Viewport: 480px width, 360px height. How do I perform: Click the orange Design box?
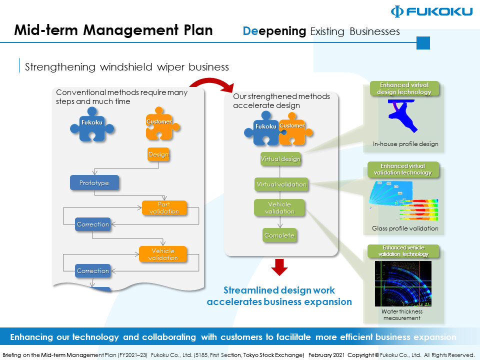tap(158, 154)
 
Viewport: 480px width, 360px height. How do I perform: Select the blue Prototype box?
tap(94, 183)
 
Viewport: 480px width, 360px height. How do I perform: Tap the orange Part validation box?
tap(164, 208)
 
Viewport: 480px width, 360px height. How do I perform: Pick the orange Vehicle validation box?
tap(163, 254)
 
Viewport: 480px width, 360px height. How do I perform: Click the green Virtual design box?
tap(280, 159)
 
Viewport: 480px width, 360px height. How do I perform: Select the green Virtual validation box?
tap(281, 184)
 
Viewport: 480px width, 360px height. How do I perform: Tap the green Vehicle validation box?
tap(279, 208)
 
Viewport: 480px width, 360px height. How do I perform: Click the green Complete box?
tap(279, 235)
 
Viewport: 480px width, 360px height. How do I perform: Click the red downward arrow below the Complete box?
tap(279, 267)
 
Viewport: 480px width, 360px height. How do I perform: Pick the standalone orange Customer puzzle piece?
tap(159, 123)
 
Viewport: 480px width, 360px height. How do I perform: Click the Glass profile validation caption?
tap(405, 228)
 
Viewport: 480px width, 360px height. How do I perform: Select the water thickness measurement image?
tap(402, 284)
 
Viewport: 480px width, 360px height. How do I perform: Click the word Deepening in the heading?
tap(274, 31)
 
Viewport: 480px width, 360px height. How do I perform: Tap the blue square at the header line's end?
tap(423, 43)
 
